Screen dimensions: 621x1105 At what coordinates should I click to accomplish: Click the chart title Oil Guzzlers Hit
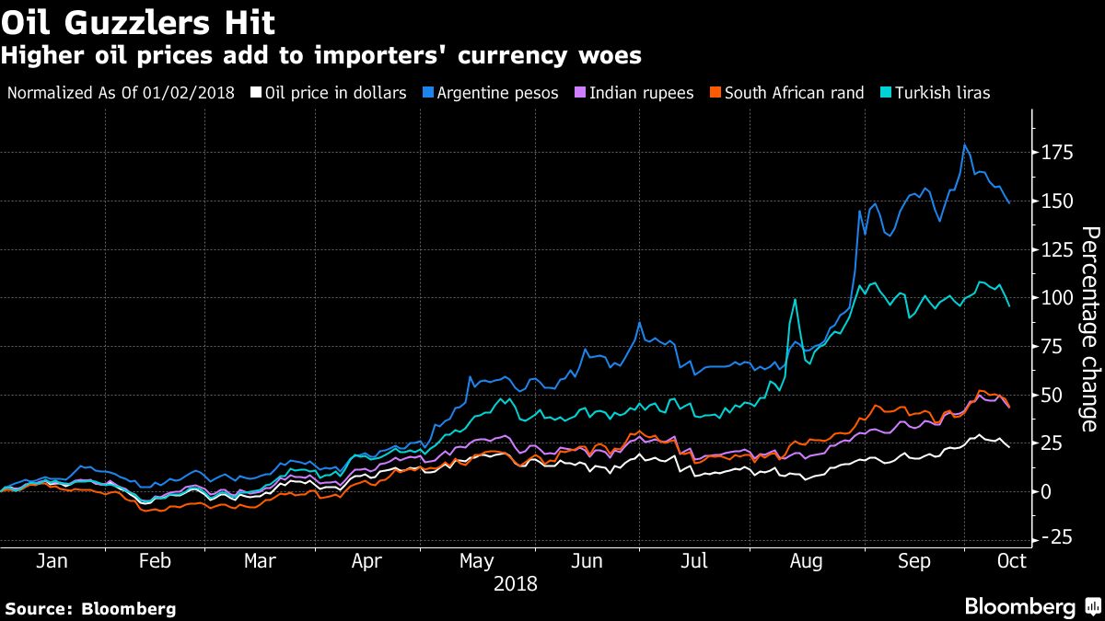coord(138,21)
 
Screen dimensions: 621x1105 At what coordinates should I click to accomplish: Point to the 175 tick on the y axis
coord(1056,153)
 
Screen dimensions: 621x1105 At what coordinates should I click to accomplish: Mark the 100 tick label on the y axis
coord(1056,298)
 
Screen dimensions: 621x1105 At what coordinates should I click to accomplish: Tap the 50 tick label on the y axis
coord(1052,395)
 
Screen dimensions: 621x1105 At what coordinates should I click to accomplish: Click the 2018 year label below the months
coord(516,583)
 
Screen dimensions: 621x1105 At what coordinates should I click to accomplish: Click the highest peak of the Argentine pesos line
coord(964,145)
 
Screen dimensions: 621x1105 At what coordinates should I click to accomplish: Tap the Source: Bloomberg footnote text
coord(90,608)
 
